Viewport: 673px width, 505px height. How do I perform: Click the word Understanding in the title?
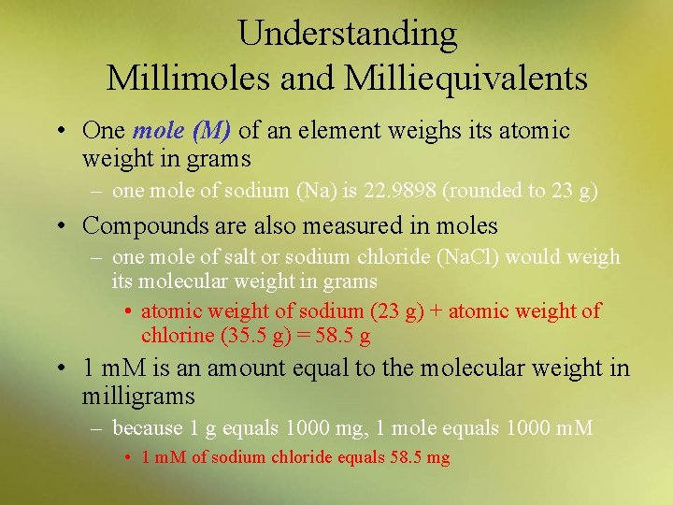pyautogui.click(x=348, y=35)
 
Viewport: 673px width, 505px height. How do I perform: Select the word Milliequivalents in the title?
pyautogui.click(x=465, y=78)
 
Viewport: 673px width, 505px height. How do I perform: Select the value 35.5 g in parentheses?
pyautogui.click(x=229, y=336)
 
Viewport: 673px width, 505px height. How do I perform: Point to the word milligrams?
pyautogui.click(x=138, y=396)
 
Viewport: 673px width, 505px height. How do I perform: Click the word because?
pyautogui.click(x=146, y=429)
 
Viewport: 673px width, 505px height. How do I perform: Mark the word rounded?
pyautogui.click(x=477, y=192)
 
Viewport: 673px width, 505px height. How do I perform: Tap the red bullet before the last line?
pyautogui.click(x=128, y=458)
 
